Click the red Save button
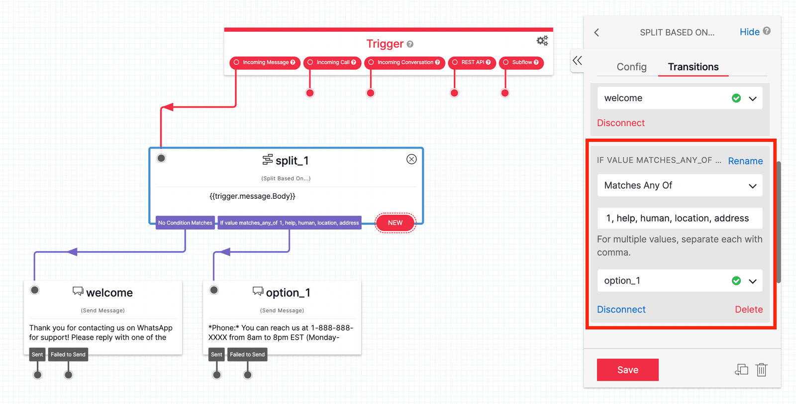627,370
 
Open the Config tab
631,67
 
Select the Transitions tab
693,67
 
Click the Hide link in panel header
749,32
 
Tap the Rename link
745,161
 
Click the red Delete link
749,309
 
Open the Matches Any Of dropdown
680,185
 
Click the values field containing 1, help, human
680,218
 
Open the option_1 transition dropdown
680,281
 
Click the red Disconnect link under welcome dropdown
620,123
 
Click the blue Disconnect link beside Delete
621,309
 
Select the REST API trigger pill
472,63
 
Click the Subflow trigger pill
521,63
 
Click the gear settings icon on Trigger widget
542,41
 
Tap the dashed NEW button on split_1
395,223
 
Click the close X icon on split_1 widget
411,159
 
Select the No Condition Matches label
185,223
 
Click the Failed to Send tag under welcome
68,355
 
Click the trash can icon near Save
761,370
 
